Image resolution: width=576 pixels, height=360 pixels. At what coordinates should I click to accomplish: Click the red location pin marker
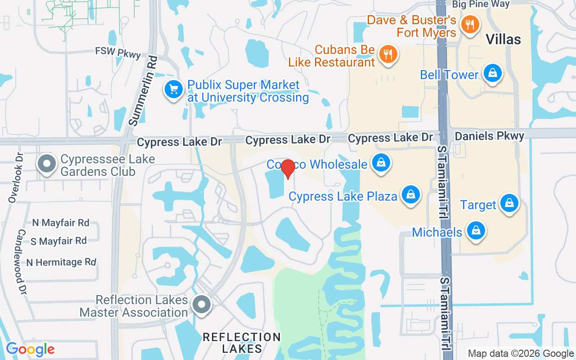[288, 169]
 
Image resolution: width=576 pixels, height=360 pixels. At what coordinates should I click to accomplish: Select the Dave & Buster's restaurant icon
[470, 25]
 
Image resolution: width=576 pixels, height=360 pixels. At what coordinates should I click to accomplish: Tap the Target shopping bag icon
[509, 203]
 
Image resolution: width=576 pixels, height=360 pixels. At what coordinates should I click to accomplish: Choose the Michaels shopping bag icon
[476, 231]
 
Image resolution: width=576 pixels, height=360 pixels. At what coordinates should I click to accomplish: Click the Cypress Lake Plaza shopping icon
[410, 195]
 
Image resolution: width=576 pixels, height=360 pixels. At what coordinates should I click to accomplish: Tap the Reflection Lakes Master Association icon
[202, 305]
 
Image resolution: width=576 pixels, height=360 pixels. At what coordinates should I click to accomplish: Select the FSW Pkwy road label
[118, 52]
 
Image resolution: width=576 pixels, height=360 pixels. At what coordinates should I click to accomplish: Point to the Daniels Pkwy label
[489, 136]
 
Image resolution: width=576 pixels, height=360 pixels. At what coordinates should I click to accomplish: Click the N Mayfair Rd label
[61, 223]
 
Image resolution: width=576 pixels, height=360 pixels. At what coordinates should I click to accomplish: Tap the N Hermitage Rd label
[61, 262]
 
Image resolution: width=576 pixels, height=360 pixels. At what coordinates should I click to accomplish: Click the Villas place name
[503, 40]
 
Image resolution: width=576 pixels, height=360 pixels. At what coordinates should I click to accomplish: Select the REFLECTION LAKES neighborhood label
[242, 342]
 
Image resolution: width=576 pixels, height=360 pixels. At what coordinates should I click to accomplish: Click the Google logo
[30, 349]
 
